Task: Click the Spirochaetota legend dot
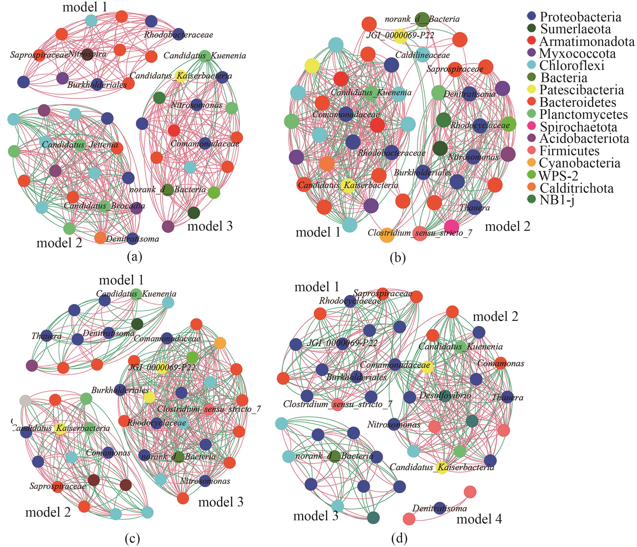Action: coord(531,126)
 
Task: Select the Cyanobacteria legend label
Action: coord(579,163)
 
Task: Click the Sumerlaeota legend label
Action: coord(576,29)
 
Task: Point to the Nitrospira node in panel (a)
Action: coord(88,54)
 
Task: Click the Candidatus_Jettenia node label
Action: coord(80,145)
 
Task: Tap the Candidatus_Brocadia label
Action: coord(104,205)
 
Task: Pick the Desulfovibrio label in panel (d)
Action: coord(445,395)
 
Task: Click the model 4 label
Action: coord(479,519)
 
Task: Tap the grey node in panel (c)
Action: coord(25,401)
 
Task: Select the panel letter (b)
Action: coord(397,257)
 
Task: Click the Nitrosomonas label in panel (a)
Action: coord(197,105)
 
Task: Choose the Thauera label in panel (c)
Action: coord(46,336)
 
